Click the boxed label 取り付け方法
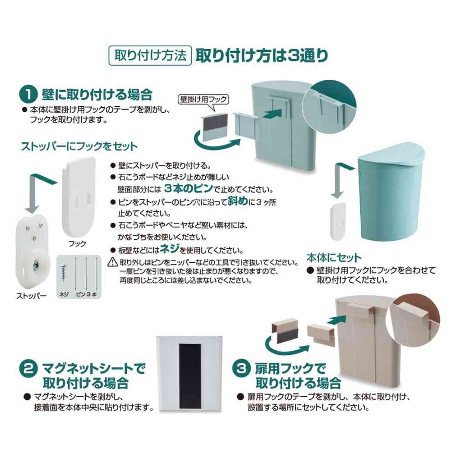pos(149,56)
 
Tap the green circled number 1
pos(28,95)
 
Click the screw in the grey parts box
pos(63,273)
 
